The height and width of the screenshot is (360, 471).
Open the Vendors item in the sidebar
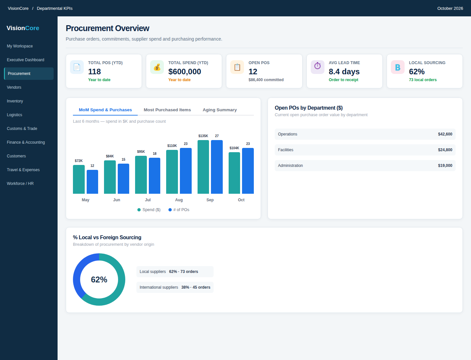pyautogui.click(x=14, y=87)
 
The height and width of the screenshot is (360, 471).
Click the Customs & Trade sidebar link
pyautogui.click(x=22, y=129)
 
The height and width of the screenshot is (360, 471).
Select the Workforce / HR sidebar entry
pyautogui.click(x=20, y=184)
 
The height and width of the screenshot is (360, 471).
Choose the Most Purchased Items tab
pyautogui.click(x=167, y=110)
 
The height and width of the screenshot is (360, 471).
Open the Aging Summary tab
pyautogui.click(x=220, y=110)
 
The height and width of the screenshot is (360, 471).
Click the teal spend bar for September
pyautogui.click(x=203, y=167)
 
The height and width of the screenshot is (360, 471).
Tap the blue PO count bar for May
pyautogui.click(x=92, y=182)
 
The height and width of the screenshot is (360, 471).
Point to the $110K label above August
pyautogui.click(x=172, y=146)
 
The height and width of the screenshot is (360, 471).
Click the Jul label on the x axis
pyautogui.click(x=148, y=200)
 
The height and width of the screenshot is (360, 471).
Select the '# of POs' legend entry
pyautogui.click(x=179, y=210)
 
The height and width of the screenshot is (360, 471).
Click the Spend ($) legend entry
pyautogui.click(x=149, y=210)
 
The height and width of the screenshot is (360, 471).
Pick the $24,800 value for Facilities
pyautogui.click(x=445, y=150)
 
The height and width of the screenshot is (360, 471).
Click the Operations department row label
pyautogui.click(x=288, y=134)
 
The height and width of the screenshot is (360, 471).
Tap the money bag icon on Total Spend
pyautogui.click(x=157, y=67)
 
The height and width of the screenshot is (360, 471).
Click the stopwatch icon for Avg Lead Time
pyautogui.click(x=317, y=66)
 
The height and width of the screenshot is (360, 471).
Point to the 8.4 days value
pyautogui.click(x=344, y=71)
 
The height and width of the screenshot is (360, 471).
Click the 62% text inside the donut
pyautogui.click(x=99, y=279)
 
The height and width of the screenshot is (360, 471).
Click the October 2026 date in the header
pyautogui.click(x=450, y=9)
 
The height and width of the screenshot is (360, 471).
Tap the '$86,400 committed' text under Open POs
pyautogui.click(x=266, y=80)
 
